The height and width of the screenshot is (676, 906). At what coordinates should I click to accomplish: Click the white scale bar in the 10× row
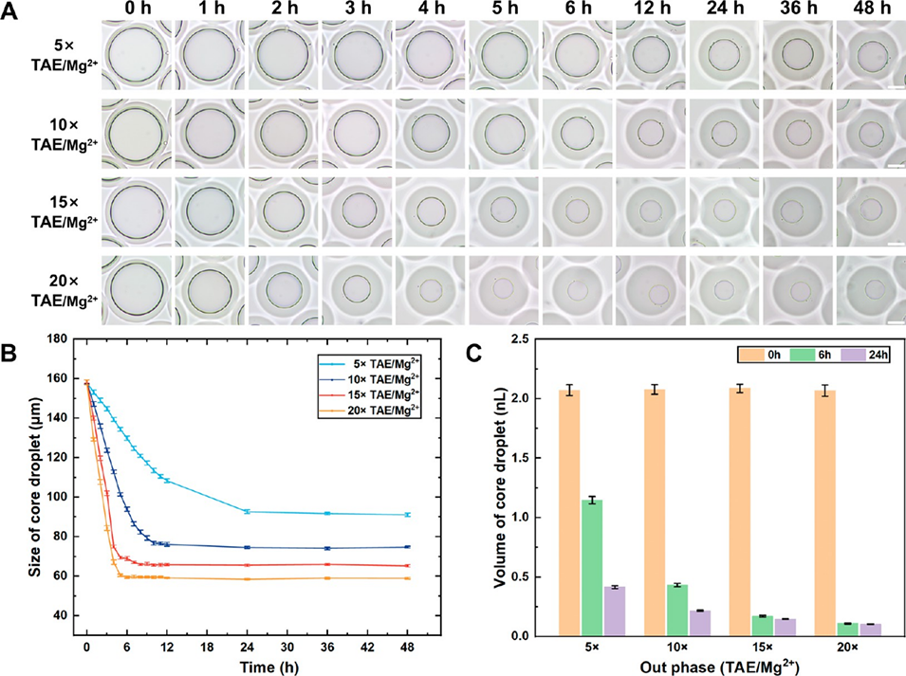[x=893, y=166]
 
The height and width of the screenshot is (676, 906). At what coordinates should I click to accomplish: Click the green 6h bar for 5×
[x=595, y=568]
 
